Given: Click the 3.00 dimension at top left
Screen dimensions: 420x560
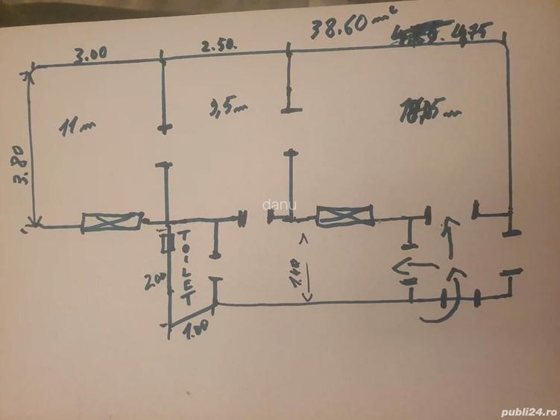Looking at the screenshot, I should point(90,53).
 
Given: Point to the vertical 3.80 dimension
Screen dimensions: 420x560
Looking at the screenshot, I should point(20,165).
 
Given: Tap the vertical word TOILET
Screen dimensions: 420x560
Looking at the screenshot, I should point(186,269).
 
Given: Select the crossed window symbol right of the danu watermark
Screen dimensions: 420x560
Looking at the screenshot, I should point(344,218).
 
